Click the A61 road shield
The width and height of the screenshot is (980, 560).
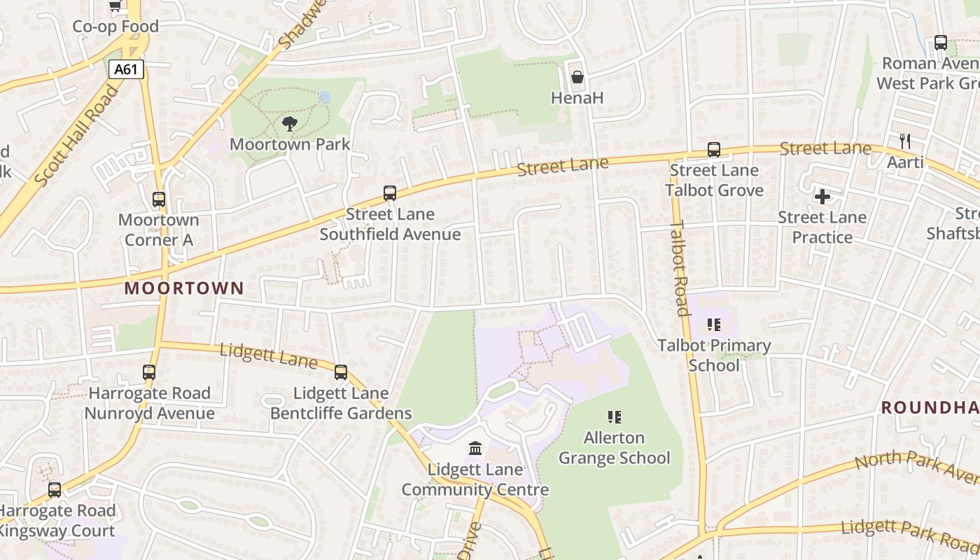click(x=127, y=69)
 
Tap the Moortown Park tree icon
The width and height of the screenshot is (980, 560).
click(x=289, y=125)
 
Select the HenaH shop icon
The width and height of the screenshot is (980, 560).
click(x=577, y=77)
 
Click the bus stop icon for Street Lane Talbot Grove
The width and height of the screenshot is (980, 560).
click(x=713, y=150)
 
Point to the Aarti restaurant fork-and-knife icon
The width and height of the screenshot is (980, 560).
click(x=905, y=141)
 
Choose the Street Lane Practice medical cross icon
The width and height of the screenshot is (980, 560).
click(x=822, y=197)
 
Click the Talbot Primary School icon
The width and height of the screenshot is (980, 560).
click(x=714, y=325)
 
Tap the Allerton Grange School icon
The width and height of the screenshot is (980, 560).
click(x=615, y=417)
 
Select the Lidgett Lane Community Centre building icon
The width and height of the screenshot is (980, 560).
click(x=475, y=448)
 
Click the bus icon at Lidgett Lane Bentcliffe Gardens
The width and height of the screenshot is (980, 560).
click(x=341, y=372)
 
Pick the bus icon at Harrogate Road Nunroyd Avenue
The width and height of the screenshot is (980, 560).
click(x=149, y=372)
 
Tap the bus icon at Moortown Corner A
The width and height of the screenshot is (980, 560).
click(x=159, y=199)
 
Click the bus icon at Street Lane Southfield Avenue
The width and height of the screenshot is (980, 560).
click(x=390, y=193)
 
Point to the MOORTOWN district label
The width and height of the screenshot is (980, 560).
click(x=184, y=288)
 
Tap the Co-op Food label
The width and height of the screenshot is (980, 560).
click(x=115, y=27)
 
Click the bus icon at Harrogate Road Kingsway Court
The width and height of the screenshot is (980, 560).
click(x=55, y=490)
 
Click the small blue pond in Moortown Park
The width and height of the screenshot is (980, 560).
click(x=324, y=97)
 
